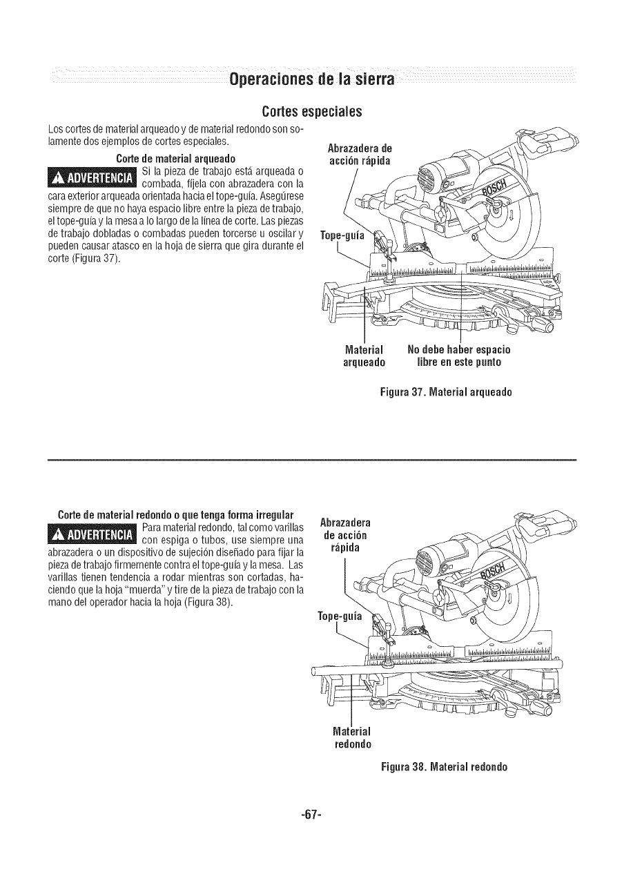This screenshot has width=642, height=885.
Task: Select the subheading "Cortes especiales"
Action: pyautogui.click(x=313, y=111)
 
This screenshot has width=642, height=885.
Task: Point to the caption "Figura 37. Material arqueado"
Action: pyautogui.click(x=445, y=393)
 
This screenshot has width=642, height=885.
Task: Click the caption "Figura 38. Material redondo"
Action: pyautogui.click(x=444, y=767)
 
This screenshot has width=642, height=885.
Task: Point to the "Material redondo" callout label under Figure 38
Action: pyautogui.click(x=353, y=738)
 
